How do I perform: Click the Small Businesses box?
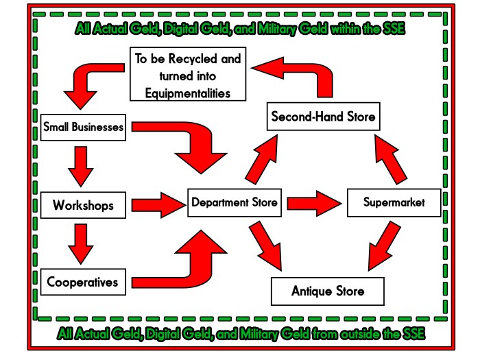tap(83, 128)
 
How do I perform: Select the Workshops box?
tap(83, 204)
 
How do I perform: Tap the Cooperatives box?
tap(83, 281)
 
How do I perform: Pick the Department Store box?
tap(235, 203)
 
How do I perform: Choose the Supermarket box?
tap(394, 203)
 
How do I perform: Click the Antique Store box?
tap(327, 291)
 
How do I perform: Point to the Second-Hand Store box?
tap(323, 117)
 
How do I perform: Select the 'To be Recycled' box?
tap(188, 73)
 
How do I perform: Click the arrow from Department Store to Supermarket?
tap(313, 203)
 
